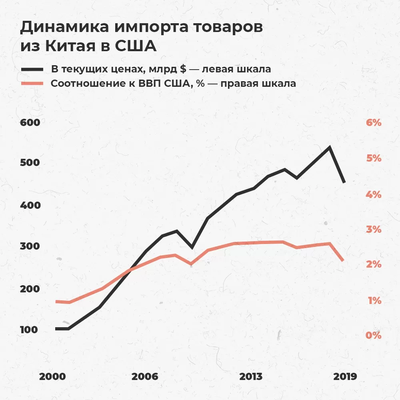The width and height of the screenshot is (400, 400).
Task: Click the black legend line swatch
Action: pos(32,69)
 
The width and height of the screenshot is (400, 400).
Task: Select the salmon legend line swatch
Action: pos(32,84)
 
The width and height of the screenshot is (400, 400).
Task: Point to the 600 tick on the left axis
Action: pos(30,122)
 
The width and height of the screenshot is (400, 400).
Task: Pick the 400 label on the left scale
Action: pos(30,206)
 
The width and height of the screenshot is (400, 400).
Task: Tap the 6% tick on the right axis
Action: pos(374,122)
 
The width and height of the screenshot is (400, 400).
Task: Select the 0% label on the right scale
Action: pos(374,335)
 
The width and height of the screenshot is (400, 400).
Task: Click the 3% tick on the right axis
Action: pos(374,229)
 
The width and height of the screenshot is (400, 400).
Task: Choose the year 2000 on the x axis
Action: pos(52,377)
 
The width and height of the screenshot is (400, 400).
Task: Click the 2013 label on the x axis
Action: pos(251,377)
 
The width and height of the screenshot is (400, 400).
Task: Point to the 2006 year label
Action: pos(145,377)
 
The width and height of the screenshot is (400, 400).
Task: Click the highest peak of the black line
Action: pos(329,147)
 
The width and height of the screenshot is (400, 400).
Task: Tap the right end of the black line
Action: pos(344,182)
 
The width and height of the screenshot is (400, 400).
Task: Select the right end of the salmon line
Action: pos(343,260)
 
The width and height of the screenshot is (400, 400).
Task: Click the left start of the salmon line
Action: pos(56,302)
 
